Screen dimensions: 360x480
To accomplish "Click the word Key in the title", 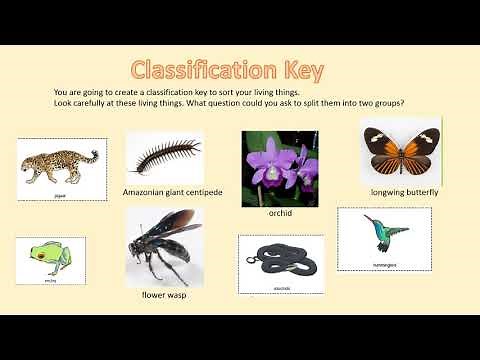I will pos(304,70).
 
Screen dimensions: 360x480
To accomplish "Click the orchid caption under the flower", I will pos(279,213).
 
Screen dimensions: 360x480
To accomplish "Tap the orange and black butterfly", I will pos(401,150).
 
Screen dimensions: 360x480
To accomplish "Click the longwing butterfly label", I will pos(405,191).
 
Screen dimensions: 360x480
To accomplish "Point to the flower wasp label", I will pos(165,296).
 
